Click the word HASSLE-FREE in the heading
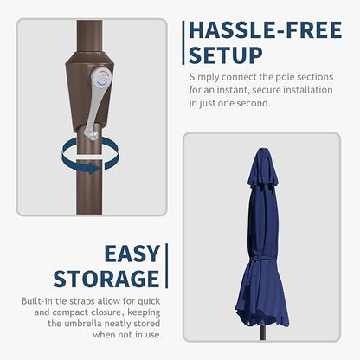[x=266, y=30]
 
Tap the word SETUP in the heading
[x=226, y=55]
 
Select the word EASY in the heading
[x=132, y=254]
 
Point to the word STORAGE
[x=106, y=279]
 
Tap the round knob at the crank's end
[x=92, y=135]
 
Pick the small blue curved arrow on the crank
[x=103, y=83]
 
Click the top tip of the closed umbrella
[x=263, y=149]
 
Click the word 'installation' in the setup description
[x=308, y=90]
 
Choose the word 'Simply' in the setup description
[x=204, y=78]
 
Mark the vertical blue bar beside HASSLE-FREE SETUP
[x=183, y=42]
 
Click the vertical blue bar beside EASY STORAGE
[x=166, y=266]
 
